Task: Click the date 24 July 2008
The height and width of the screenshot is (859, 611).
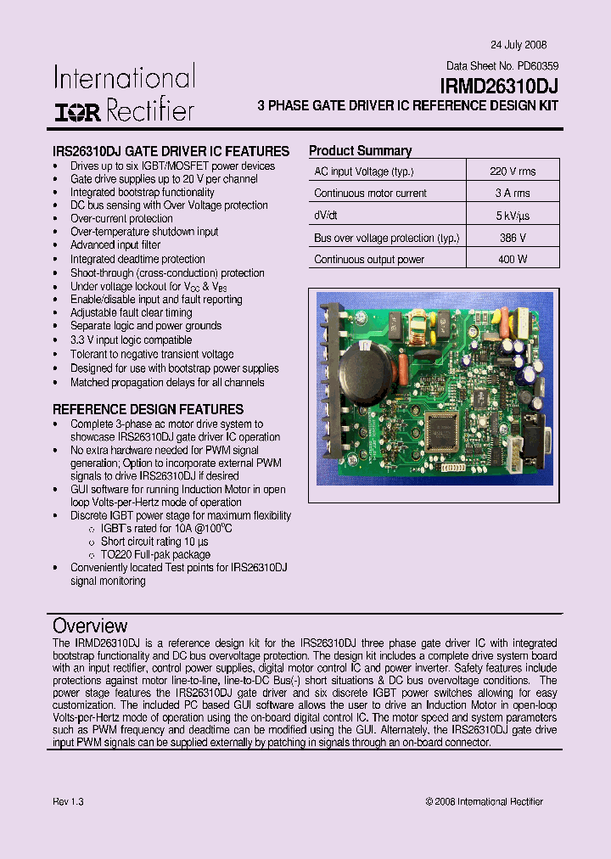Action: [x=519, y=45]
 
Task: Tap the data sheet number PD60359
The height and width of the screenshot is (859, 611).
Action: [x=538, y=65]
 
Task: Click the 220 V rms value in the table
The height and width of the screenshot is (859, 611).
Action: [x=513, y=171]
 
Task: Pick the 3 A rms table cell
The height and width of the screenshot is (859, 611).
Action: [x=513, y=193]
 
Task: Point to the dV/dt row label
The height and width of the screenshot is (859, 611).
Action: [x=326, y=216]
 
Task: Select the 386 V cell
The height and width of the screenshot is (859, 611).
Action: [x=513, y=239]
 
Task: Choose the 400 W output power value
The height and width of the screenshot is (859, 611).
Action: [x=513, y=260]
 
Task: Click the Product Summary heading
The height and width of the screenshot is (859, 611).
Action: [x=360, y=151]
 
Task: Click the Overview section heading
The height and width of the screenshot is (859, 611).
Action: [x=90, y=626]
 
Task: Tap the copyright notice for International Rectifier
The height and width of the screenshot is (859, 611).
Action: [x=484, y=801]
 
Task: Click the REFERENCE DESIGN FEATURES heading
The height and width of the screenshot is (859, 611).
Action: [x=148, y=409]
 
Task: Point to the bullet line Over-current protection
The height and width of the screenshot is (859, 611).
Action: [x=121, y=218]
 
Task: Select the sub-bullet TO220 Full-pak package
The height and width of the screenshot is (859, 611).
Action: [x=154, y=554]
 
